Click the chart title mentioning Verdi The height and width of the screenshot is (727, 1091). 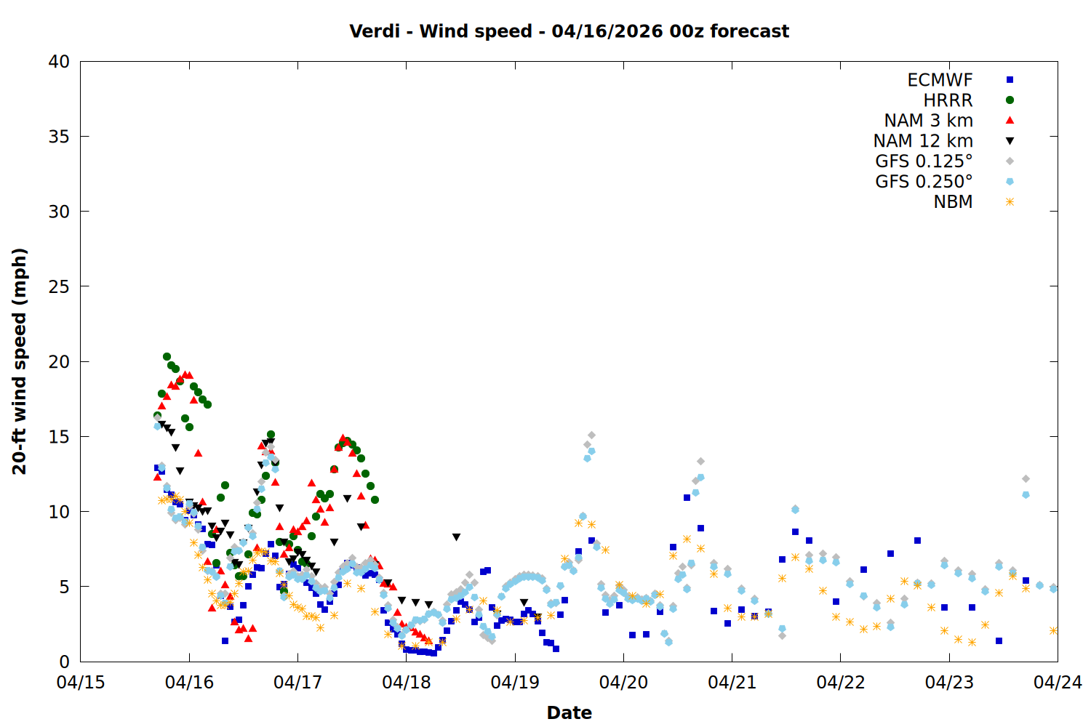coord(569,31)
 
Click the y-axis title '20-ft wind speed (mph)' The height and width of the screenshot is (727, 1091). coord(20,361)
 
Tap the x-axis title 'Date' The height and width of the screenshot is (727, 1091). coord(569,712)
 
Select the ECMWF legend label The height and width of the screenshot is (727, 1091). coord(940,80)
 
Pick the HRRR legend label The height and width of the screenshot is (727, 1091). coord(948,100)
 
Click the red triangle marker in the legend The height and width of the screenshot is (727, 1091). coord(1010,121)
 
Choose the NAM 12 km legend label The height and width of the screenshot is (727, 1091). coord(923,141)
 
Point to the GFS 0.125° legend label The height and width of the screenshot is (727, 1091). coord(924,161)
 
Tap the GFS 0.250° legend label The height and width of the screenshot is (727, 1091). coord(924,182)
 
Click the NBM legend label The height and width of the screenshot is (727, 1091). coord(953,202)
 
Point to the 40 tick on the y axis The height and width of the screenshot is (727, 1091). coord(60,62)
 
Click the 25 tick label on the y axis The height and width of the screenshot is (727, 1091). coord(60,286)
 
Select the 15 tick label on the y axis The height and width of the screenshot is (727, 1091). coord(60,437)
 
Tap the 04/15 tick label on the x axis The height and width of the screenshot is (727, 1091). coord(81,683)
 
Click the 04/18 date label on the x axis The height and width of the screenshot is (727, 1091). coord(407,683)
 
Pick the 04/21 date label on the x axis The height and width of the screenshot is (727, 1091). coord(732,683)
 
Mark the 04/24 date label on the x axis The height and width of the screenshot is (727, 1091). coord(1058,683)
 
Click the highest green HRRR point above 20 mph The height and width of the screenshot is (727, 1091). coord(167,357)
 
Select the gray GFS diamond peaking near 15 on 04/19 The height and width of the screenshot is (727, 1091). coord(591,435)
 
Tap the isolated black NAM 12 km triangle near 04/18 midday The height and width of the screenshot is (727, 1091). coord(456,537)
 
